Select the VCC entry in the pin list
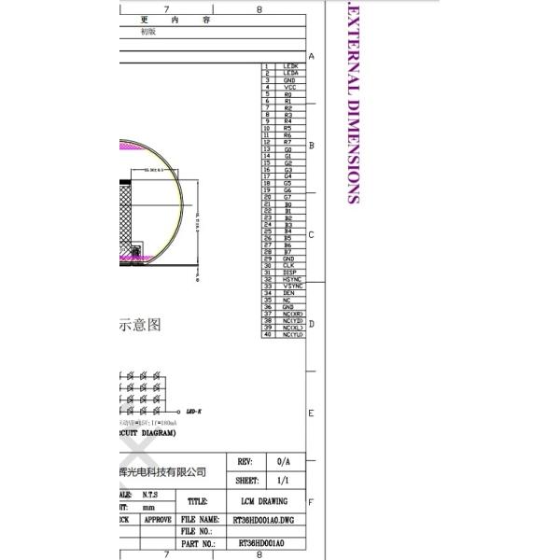point(289,88)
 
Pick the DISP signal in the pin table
point(289,273)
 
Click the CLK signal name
point(289,266)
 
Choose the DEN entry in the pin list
point(289,293)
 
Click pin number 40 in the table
point(268,334)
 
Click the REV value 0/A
point(284,462)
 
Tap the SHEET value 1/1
point(284,481)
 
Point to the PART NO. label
point(197,542)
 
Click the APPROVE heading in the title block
point(157,519)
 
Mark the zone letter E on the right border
point(312,413)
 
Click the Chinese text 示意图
point(141,325)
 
